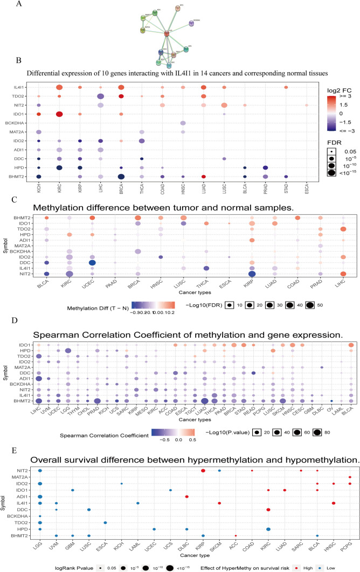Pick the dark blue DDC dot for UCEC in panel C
[x=93, y=263]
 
